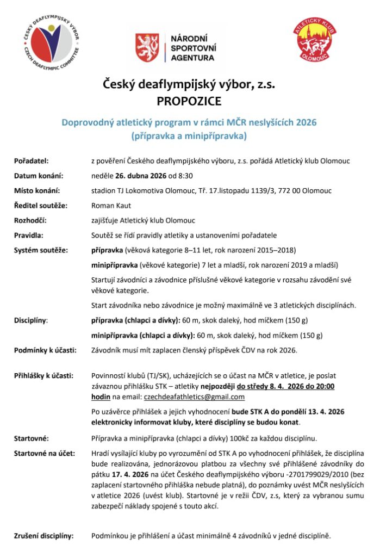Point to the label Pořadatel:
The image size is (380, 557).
[x=32, y=161]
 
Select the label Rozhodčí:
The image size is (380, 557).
[x=30, y=220]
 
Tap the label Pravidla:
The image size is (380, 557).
[x=29, y=236]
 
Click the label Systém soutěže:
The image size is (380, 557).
[x=41, y=250]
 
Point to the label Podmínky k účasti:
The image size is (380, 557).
[x=45, y=350]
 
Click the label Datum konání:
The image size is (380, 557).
[x=39, y=176]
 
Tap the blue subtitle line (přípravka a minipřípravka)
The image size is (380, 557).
[x=189, y=135]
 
